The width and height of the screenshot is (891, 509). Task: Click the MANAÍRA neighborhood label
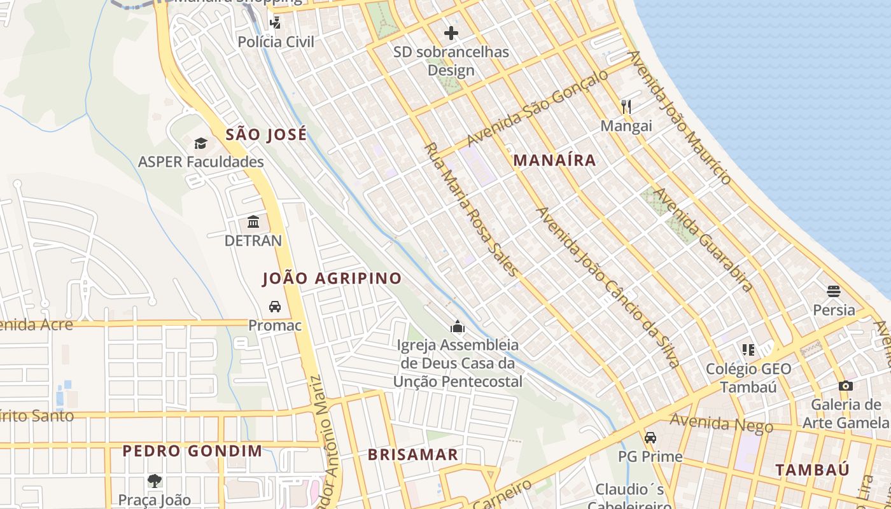pos(554,160)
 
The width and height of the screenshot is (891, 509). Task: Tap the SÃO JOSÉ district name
pos(266,134)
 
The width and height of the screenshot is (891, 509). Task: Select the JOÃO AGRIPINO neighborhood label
pos(332,278)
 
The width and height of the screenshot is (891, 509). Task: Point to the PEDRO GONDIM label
pos(192,451)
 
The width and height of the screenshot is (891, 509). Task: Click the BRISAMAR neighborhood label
pos(413,454)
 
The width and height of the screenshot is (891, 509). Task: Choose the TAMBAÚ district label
pos(812,470)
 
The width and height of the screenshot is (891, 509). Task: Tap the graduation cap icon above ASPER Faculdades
pos(201,143)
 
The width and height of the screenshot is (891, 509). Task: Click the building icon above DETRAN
pos(253,222)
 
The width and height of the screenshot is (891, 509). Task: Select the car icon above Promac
pos(275,307)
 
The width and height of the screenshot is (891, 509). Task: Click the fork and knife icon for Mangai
pos(626,106)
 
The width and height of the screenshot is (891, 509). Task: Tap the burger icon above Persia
pos(834,291)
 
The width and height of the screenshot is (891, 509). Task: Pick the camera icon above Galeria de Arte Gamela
pos(845,386)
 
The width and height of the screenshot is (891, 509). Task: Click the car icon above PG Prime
pos(650,438)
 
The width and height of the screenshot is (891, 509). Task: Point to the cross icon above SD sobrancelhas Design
pos(451,33)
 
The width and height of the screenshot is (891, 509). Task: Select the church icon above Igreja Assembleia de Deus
pos(457,327)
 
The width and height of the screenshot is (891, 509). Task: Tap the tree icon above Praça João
pos(154,481)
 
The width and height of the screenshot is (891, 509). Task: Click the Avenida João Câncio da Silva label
pos(609,287)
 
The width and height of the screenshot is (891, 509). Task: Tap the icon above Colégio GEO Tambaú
pos(748,350)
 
